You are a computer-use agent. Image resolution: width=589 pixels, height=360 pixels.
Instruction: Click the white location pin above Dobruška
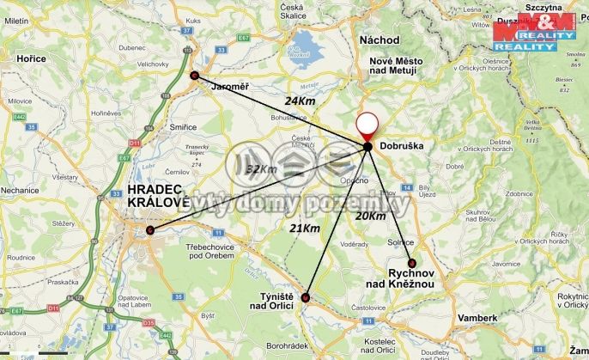point(367,126)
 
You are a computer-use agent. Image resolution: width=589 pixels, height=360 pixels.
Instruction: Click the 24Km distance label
point(301,101)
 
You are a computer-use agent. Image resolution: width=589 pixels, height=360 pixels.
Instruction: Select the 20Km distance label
point(371,216)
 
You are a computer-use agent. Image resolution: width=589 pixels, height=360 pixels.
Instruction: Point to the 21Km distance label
point(305,228)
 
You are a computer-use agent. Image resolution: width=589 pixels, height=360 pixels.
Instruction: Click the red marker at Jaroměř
point(194,76)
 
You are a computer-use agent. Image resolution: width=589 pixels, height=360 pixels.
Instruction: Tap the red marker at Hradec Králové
point(150,230)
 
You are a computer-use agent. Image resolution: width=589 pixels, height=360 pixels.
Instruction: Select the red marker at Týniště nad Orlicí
point(307,298)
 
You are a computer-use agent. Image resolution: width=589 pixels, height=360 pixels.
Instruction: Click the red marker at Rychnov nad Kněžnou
point(412,263)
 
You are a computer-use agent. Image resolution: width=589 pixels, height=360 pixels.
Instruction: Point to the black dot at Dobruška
point(367,147)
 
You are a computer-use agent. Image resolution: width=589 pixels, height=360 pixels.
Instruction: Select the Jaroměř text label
point(230,87)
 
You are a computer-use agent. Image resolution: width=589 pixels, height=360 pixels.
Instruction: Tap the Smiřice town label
point(183,126)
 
